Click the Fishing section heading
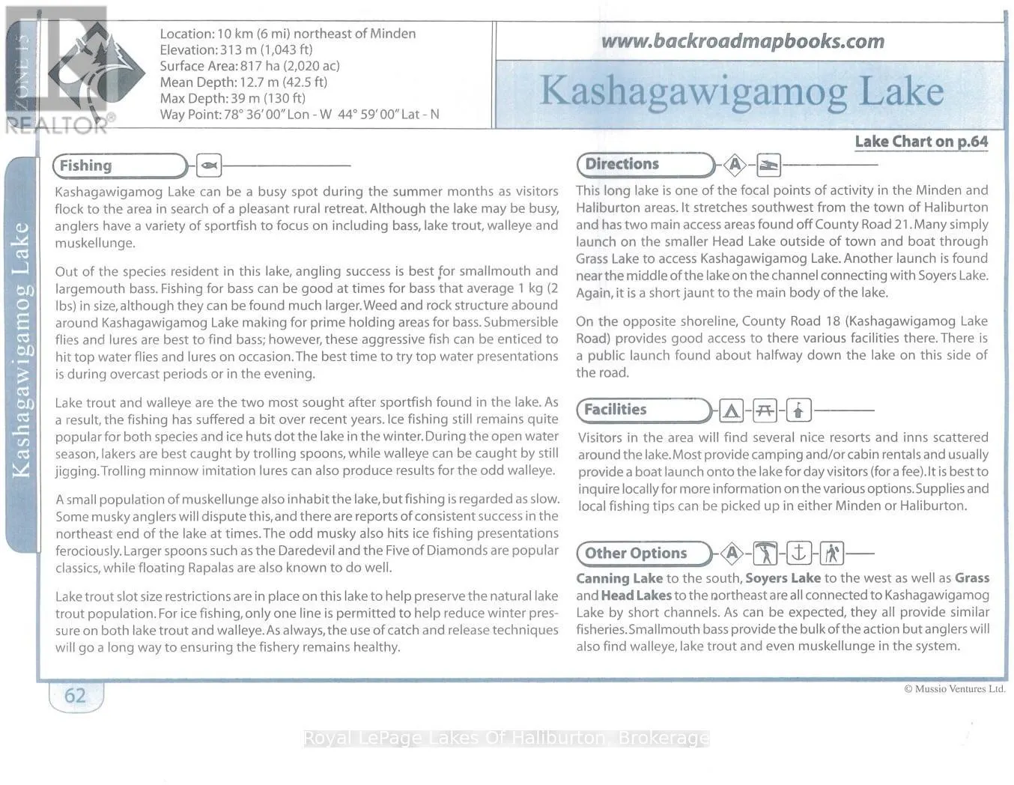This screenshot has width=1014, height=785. (x=86, y=166)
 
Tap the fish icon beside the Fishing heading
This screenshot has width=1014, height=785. (x=209, y=165)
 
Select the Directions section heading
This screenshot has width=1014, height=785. (x=622, y=164)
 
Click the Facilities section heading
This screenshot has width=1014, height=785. (x=615, y=410)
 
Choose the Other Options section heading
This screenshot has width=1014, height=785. (x=635, y=554)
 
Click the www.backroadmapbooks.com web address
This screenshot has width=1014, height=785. (x=742, y=41)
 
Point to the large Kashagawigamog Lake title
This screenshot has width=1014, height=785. (x=741, y=91)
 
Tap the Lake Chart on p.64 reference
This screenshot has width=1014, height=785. (x=921, y=142)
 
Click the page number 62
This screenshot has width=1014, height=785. (x=75, y=696)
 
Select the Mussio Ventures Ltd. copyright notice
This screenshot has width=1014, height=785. (x=954, y=689)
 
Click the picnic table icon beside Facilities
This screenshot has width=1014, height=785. (x=765, y=410)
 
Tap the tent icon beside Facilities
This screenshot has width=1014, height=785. (x=731, y=410)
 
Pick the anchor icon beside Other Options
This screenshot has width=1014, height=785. (x=798, y=554)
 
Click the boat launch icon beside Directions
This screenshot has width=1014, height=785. (x=768, y=165)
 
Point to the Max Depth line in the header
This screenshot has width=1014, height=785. (x=232, y=98)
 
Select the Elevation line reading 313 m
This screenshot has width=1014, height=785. (x=236, y=50)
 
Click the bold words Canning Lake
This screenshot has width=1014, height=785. (x=619, y=578)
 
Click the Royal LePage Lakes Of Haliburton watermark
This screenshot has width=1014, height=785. (x=506, y=739)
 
